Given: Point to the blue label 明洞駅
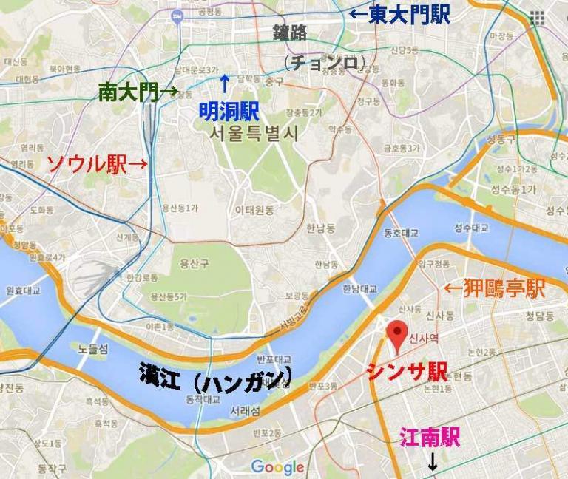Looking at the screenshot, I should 229,112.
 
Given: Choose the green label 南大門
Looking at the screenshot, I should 130,92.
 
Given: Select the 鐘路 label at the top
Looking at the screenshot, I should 290,33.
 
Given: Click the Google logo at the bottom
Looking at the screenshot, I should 277,466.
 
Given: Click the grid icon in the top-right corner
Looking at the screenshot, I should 537,18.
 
